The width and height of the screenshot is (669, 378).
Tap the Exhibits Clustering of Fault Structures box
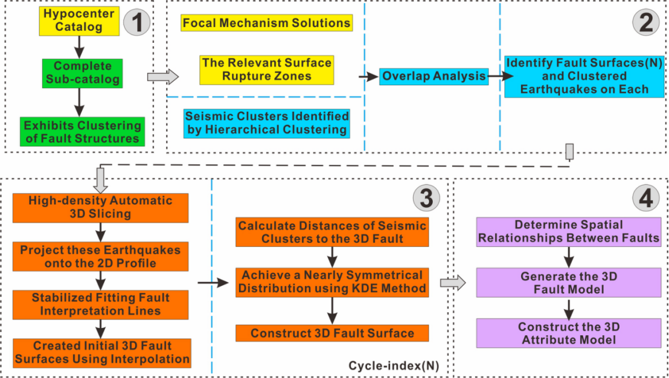pos(82,132)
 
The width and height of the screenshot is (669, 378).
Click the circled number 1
pos(137,23)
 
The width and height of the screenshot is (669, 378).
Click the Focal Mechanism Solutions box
pos(266,24)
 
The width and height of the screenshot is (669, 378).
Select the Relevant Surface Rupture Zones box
pos(266,69)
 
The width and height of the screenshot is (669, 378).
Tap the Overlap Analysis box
pos(434,76)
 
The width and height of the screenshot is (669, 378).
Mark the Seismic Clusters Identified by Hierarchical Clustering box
pos(266,123)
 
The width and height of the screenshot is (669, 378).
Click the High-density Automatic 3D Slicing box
pos(100,207)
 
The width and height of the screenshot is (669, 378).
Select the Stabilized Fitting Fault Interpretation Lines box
pos(100,304)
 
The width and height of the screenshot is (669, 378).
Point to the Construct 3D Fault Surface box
pos(332,333)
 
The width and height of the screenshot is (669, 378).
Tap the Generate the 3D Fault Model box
pos(568,283)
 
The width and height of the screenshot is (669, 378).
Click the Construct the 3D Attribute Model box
pos(568,333)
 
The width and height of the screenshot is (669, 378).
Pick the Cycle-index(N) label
pos(393,366)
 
